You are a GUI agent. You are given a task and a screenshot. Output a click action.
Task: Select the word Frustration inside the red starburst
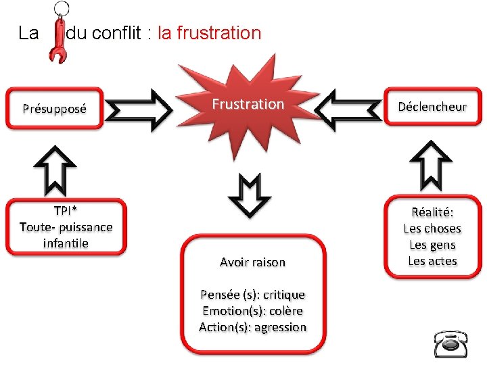point(248,104)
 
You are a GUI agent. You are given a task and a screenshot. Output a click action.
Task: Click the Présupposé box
point(54,108)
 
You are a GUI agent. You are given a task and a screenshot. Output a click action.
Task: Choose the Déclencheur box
point(432,107)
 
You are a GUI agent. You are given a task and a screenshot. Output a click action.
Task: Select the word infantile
point(66,243)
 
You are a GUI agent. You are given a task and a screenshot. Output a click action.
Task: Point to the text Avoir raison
point(253,262)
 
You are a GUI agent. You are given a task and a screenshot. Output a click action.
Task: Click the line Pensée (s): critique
point(253,295)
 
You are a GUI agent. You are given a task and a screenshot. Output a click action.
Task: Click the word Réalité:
point(432,212)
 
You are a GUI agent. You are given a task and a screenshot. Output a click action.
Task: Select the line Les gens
point(432,245)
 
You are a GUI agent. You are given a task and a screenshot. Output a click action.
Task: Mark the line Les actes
point(432,261)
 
